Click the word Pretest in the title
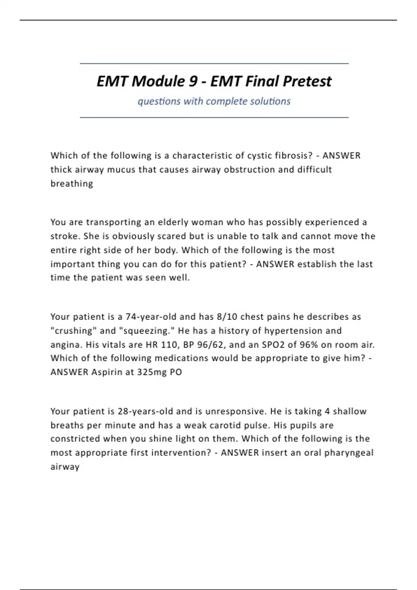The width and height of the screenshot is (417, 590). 307,82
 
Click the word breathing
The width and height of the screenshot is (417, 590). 72,184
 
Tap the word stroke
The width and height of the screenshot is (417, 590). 65,236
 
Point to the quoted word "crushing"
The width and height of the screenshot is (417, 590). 74,331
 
